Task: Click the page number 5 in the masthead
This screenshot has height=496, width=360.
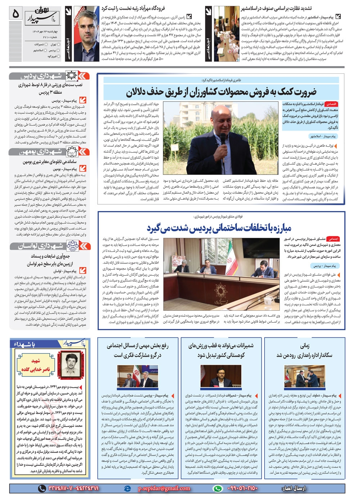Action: [x=15, y=14]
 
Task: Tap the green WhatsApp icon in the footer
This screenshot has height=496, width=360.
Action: [x=217, y=488]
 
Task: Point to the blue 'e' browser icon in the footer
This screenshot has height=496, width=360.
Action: [x=127, y=488]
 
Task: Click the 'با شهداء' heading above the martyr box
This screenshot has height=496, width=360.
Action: [x=25, y=345]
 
